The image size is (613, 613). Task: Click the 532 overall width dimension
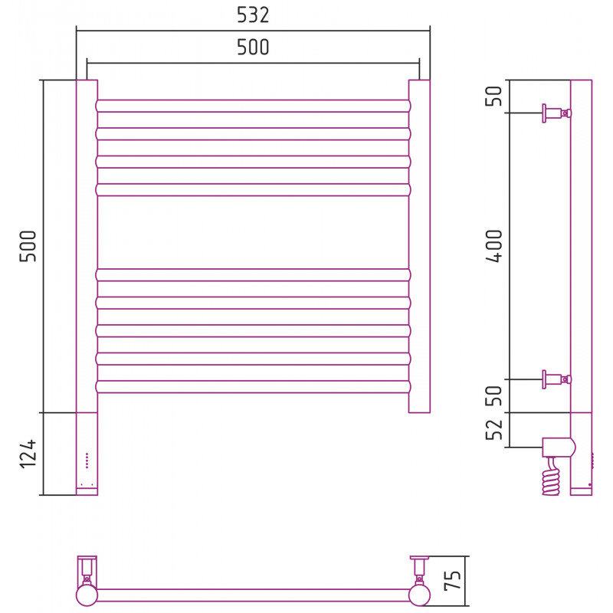point(253,15)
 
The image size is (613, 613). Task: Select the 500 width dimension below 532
point(253,47)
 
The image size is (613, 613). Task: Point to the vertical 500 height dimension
point(28,246)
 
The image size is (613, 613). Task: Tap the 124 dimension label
point(28,454)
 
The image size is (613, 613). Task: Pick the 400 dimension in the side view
point(493,245)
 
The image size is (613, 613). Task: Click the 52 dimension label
point(493,429)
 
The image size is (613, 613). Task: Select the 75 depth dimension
point(453,580)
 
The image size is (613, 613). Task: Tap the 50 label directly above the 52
point(493,395)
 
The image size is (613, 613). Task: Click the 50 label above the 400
point(493,96)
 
